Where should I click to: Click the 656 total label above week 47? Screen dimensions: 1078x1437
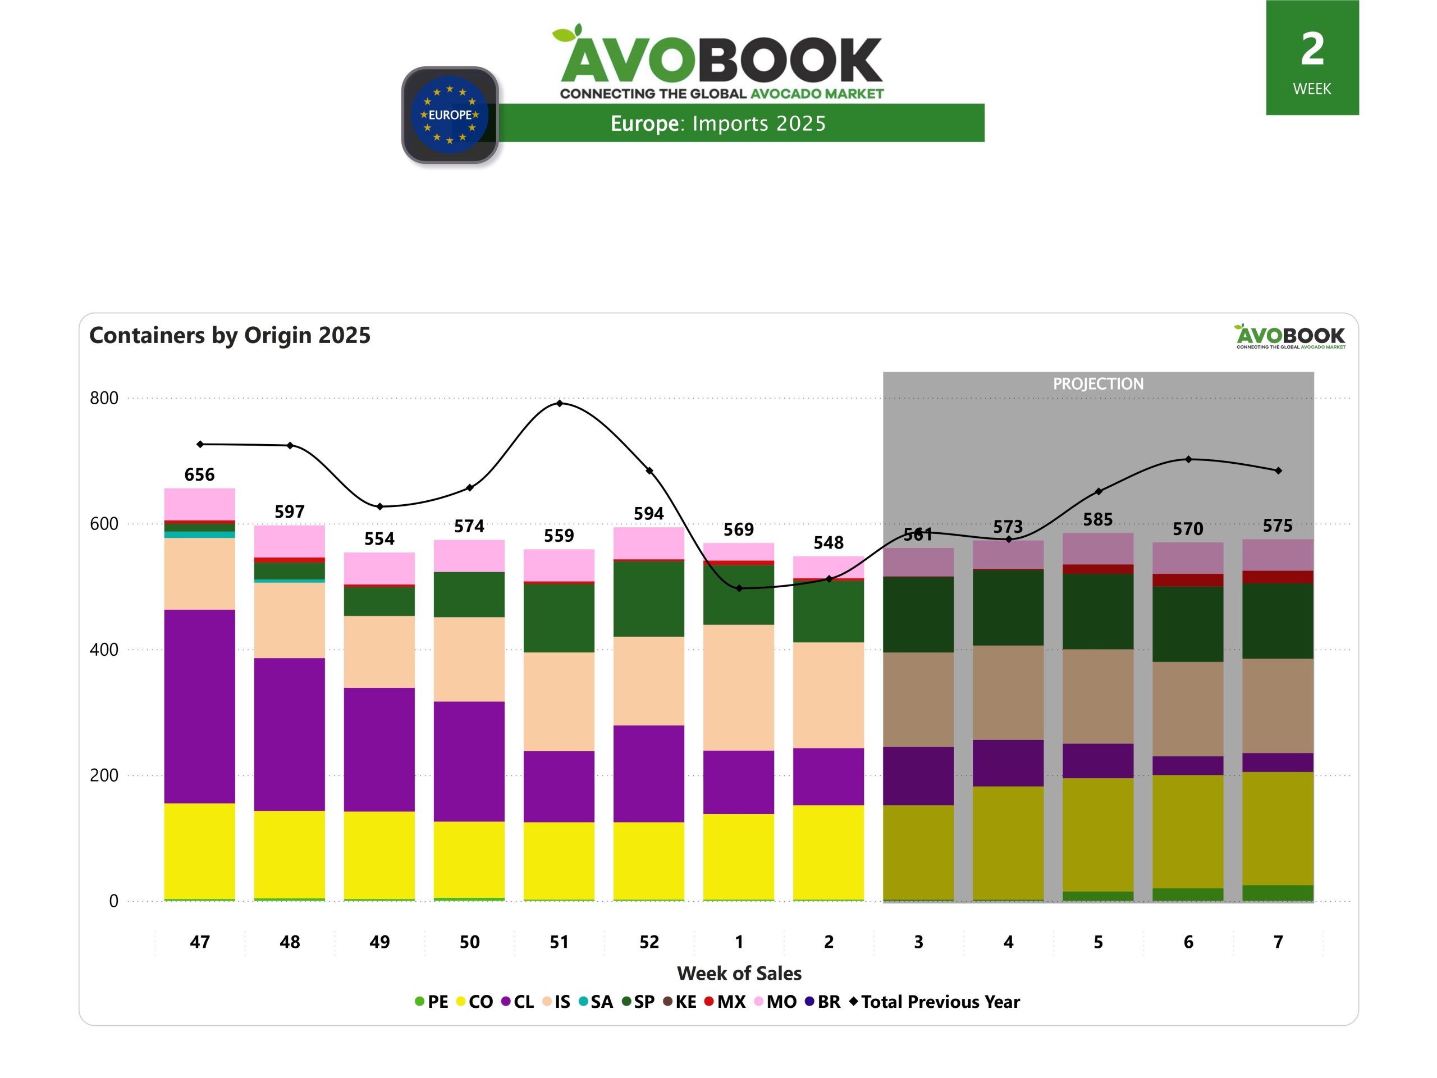[x=199, y=474]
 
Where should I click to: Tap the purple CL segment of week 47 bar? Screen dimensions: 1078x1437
[x=199, y=706]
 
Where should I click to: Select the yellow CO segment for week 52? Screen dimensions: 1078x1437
[x=648, y=861]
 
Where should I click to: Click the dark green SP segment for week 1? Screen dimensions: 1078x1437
[x=739, y=595]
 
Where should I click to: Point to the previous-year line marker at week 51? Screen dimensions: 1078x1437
[x=559, y=404]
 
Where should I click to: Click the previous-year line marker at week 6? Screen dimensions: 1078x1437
[x=1188, y=459]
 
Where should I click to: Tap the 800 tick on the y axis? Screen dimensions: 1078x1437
[x=104, y=398]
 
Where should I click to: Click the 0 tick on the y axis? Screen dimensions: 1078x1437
[x=114, y=901]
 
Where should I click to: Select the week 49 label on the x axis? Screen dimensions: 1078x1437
[x=379, y=942]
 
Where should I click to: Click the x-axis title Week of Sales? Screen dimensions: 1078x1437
[x=739, y=974]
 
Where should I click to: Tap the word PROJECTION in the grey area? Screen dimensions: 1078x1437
[x=1098, y=384]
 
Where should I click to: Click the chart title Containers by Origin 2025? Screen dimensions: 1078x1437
[x=230, y=335]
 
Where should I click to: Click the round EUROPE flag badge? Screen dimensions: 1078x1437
[x=450, y=115]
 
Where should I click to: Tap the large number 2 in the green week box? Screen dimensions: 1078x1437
[x=1312, y=49]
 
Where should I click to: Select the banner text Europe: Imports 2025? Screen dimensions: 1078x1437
[x=718, y=124]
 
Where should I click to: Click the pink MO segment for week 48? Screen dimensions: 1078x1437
[x=289, y=541]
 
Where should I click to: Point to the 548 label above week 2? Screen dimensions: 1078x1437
[x=829, y=542]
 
